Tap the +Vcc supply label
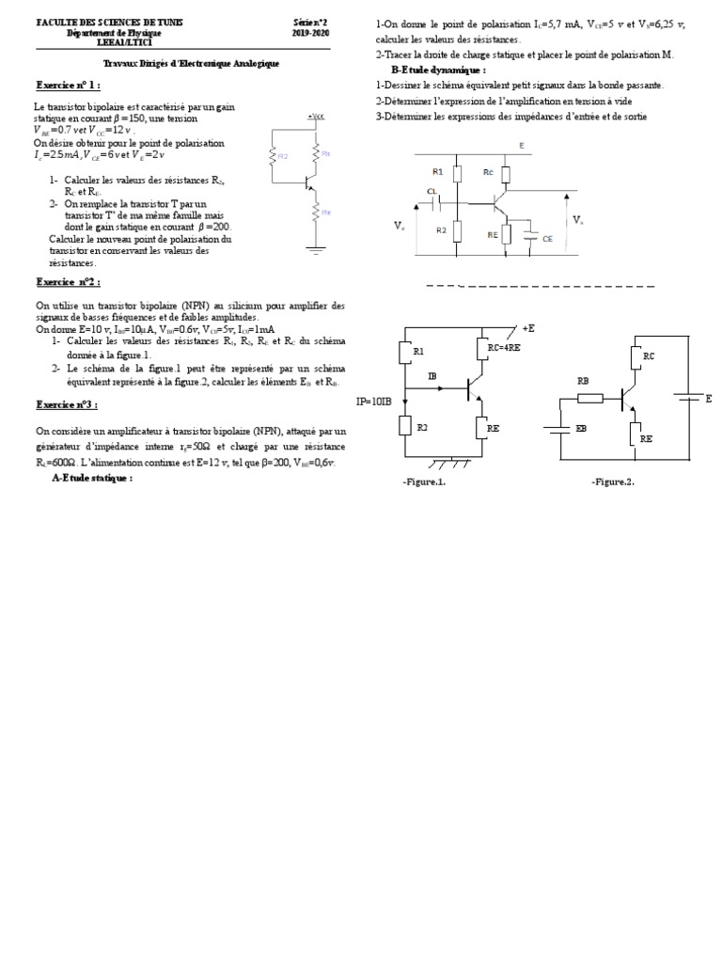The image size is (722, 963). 314,115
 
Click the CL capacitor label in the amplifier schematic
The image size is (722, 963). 432,191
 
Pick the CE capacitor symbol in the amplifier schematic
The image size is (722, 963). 532,237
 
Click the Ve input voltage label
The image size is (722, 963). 400,227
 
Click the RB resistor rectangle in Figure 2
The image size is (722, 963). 590,399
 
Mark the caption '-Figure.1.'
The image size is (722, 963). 423,481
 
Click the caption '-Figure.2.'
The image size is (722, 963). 613,481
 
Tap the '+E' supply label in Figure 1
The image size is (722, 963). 527,327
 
